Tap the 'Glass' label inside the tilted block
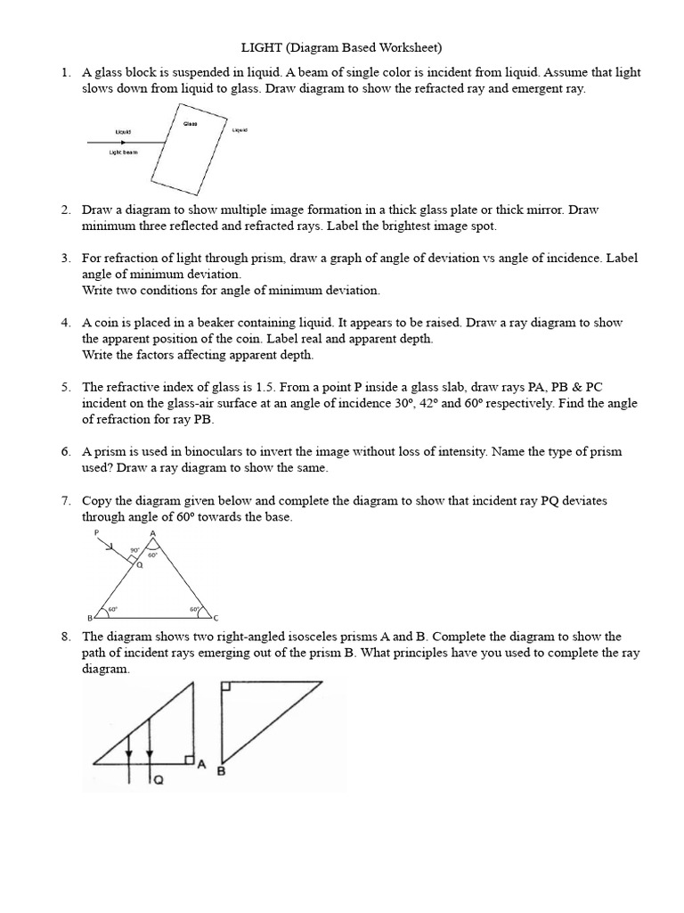click(x=190, y=124)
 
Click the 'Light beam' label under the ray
click(x=124, y=152)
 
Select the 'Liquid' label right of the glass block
click(x=240, y=131)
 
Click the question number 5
click(x=66, y=387)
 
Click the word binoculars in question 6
click(x=229, y=452)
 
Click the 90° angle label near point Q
click(x=134, y=550)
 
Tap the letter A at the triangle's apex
click(x=153, y=533)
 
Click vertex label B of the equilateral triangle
click(x=89, y=618)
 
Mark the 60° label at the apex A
click(x=152, y=555)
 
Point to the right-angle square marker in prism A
click(x=188, y=759)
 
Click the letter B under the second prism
click(x=221, y=773)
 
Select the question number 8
click(x=66, y=637)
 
